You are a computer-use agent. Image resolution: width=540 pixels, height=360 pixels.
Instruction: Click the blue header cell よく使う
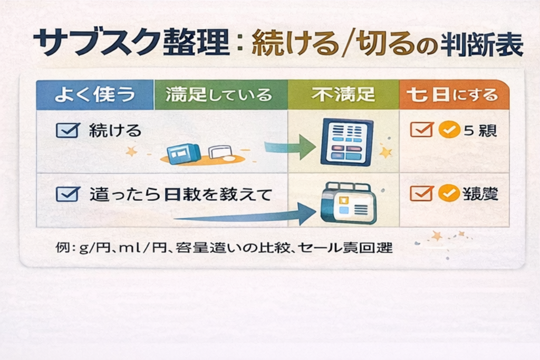pos(95,95)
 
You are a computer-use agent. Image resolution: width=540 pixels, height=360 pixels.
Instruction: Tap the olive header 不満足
pos(343,95)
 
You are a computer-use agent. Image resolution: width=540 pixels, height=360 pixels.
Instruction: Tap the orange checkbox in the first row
pos(421,130)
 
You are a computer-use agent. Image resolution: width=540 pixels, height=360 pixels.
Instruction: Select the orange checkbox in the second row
pos(421,194)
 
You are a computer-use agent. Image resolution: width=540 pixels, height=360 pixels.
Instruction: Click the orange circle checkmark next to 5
pos(449,130)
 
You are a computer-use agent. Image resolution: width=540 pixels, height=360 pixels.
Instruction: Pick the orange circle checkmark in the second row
pos(449,194)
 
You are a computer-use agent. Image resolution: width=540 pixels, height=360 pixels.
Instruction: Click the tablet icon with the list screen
pos(346,142)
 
